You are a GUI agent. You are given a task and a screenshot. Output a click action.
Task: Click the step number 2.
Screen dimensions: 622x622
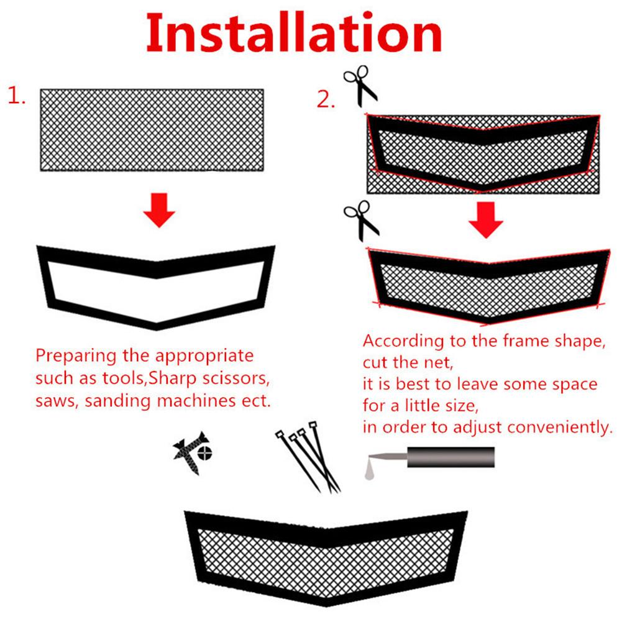tap(326, 99)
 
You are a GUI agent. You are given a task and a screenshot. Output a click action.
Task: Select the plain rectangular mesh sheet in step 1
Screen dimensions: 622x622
tap(152, 130)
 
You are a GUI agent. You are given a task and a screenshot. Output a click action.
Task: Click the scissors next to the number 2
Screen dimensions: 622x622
tap(360, 85)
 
